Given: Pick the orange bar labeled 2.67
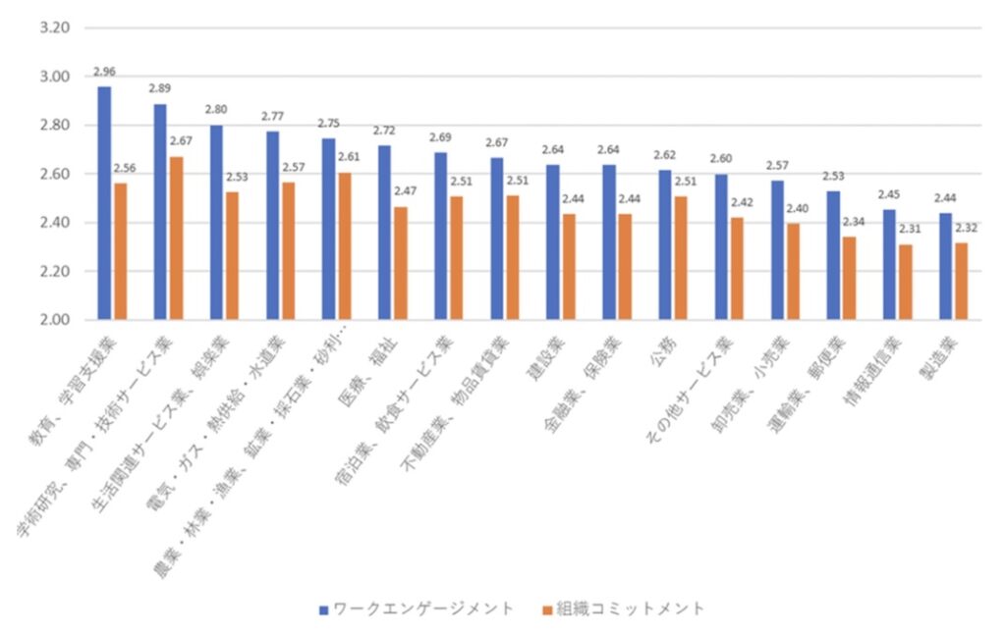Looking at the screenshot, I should pyautogui.click(x=176, y=238).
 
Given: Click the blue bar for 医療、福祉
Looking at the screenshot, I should pyautogui.click(x=384, y=233).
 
